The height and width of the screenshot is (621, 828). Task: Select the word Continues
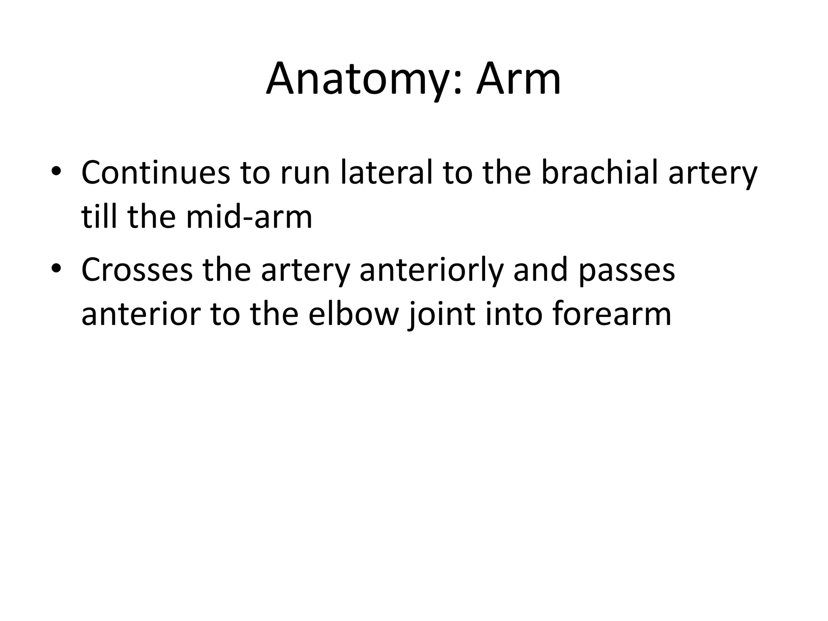click(x=155, y=173)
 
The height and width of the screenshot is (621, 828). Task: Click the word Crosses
click(x=137, y=270)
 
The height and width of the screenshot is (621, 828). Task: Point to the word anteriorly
click(x=431, y=270)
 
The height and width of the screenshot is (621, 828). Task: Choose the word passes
click(x=626, y=270)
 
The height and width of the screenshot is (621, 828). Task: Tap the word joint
click(x=442, y=314)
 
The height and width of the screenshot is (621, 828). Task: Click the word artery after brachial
click(x=712, y=173)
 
